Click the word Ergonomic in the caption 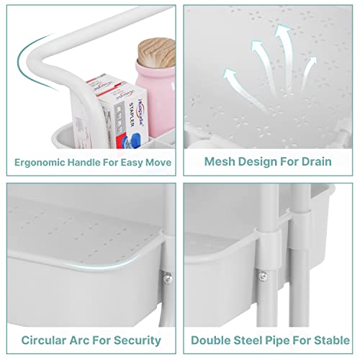click(x=40, y=163)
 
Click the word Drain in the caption click(x=317, y=161)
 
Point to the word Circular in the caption click(x=44, y=341)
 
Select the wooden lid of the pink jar click(x=157, y=53)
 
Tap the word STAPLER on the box click(x=132, y=114)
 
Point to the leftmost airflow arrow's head click(x=229, y=75)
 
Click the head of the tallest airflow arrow click(x=282, y=30)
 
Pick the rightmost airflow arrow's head click(x=312, y=61)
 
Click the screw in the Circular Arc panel click(x=168, y=278)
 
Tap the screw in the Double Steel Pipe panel click(x=264, y=276)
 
